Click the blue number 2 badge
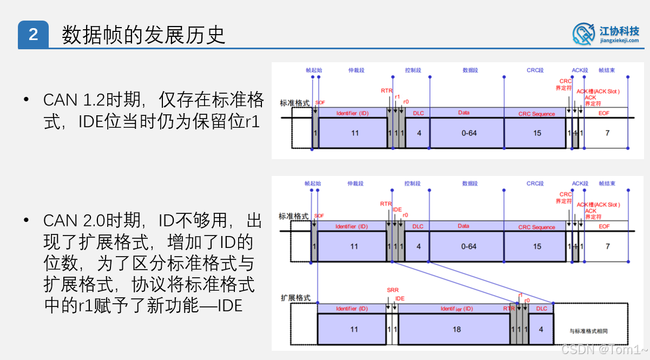click(33, 35)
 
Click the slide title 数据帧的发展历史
click(143, 35)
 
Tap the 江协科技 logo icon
click(584, 33)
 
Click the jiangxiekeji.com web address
click(619, 41)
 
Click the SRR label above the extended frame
click(392, 290)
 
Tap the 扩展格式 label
click(296, 298)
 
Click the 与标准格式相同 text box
click(592, 330)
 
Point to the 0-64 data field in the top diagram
click(469, 133)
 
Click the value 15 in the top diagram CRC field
click(537, 133)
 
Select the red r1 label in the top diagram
click(397, 97)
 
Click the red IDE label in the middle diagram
click(397, 209)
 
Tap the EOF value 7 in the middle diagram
click(607, 246)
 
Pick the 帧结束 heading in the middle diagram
click(607, 184)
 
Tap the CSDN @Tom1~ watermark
click(604, 350)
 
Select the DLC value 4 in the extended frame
click(541, 329)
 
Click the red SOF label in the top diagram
click(320, 103)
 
